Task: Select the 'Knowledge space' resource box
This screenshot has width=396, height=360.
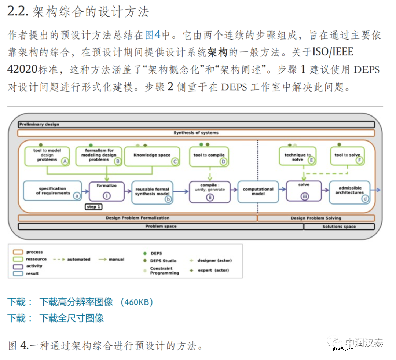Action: pos(152,156)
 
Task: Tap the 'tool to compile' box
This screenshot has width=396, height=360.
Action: pos(209,157)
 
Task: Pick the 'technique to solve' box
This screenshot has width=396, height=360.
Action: pos(297,157)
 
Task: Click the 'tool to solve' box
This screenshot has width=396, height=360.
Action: pos(347,156)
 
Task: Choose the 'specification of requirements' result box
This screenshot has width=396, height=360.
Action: pos(53,191)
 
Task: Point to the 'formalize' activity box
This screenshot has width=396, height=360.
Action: pos(107,191)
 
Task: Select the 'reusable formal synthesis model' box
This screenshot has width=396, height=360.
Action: pos(152,192)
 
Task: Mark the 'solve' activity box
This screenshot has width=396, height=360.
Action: pos(304,191)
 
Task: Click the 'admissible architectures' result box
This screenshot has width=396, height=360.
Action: pos(349,192)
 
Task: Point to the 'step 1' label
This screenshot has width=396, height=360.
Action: pos(93,207)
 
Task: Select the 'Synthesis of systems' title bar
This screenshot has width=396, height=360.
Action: pos(196,133)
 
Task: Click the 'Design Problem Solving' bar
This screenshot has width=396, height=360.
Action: pos(316,218)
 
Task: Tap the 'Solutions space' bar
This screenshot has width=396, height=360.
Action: pos(339,227)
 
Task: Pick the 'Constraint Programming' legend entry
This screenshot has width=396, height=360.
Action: pos(164,271)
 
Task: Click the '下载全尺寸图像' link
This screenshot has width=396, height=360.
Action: pos(71,318)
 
